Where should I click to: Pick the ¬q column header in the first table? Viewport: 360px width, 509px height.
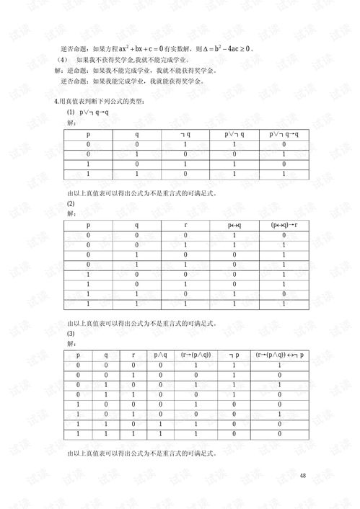[x=185, y=134]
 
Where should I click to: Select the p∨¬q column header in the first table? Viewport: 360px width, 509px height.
[x=234, y=134]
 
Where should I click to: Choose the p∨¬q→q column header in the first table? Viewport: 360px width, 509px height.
[x=284, y=134]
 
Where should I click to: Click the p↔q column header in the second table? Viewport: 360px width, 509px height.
[x=234, y=226]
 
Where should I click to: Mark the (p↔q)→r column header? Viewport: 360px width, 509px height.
[x=284, y=226]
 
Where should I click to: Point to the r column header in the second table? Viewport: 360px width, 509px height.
[x=185, y=226]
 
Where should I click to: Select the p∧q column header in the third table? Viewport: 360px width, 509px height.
[x=160, y=355]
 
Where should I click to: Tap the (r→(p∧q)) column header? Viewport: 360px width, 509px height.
[x=196, y=355]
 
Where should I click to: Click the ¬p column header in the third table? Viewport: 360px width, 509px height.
[x=234, y=355]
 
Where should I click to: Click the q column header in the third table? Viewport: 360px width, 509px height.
[x=106, y=355]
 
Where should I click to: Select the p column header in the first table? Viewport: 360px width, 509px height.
[x=88, y=134]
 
